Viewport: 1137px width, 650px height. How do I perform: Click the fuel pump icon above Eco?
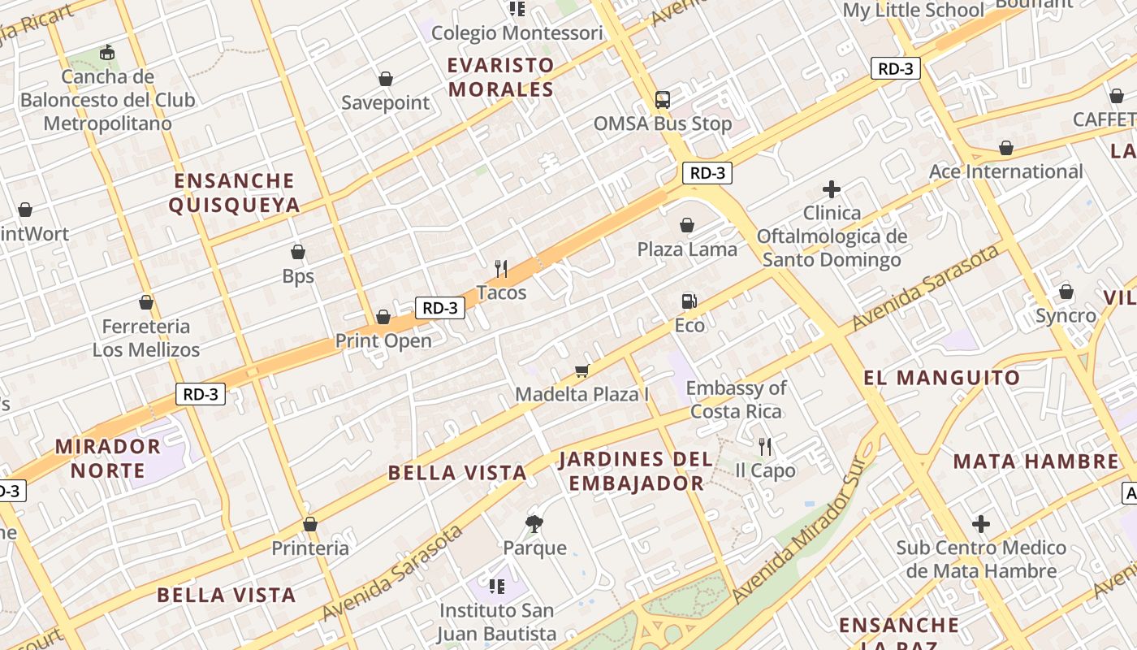pyautogui.click(x=688, y=301)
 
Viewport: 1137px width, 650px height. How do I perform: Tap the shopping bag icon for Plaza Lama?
pyautogui.click(x=687, y=225)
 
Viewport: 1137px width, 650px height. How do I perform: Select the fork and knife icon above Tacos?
pyautogui.click(x=501, y=268)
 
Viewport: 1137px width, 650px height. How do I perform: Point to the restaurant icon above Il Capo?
pyautogui.click(x=764, y=446)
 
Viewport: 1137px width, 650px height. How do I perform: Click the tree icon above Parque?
pyautogui.click(x=534, y=523)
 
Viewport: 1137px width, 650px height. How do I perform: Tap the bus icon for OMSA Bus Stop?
pyautogui.click(x=663, y=100)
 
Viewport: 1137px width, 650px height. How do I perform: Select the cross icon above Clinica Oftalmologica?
pyautogui.click(x=831, y=189)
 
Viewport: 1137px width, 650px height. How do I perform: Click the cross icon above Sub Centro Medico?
pyautogui.click(x=981, y=524)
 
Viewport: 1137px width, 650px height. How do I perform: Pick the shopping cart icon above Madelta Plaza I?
pyautogui.click(x=581, y=370)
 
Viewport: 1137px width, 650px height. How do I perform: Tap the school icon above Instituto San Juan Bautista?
pyautogui.click(x=496, y=586)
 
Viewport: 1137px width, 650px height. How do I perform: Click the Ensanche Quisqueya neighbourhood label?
pyautogui.click(x=234, y=193)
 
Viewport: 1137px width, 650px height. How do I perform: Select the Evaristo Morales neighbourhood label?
pyautogui.click(x=501, y=77)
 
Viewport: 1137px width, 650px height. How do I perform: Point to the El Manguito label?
pyautogui.click(x=941, y=378)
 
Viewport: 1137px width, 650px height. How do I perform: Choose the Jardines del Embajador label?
pyautogui.click(x=636, y=471)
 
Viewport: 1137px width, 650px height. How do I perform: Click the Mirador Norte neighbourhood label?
pyautogui.click(x=108, y=458)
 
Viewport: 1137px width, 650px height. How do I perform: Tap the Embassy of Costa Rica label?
pyautogui.click(x=736, y=400)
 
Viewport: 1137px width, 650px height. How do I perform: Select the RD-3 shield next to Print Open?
pyautogui.click(x=440, y=308)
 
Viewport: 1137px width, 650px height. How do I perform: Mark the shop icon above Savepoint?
pyautogui.click(x=386, y=79)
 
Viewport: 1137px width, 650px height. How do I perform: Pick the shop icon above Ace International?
pyautogui.click(x=1005, y=148)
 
